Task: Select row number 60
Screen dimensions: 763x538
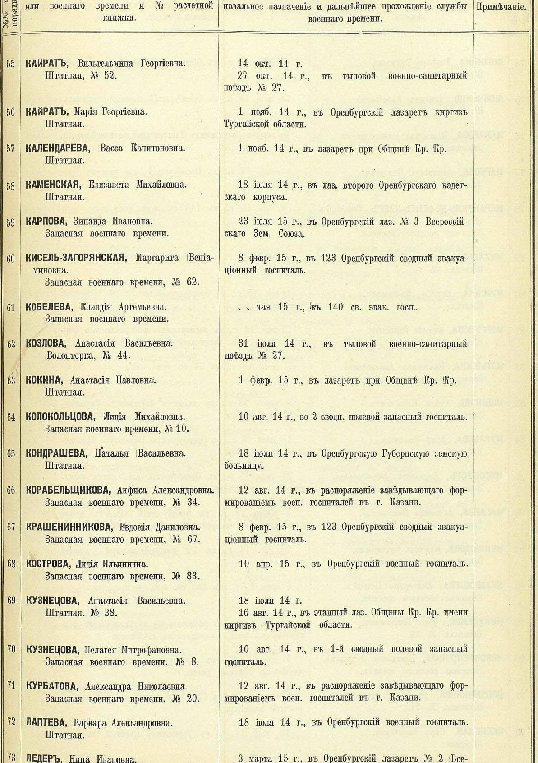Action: pyautogui.click(x=11, y=259)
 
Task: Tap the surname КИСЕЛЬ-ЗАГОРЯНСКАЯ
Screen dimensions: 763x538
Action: pyautogui.click(x=74, y=259)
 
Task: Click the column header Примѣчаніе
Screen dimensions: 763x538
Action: pyautogui.click(x=501, y=7)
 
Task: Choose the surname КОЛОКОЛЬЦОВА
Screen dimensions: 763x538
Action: pyautogui.click(x=60, y=417)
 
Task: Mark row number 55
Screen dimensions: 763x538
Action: pyautogui.click(x=11, y=64)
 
